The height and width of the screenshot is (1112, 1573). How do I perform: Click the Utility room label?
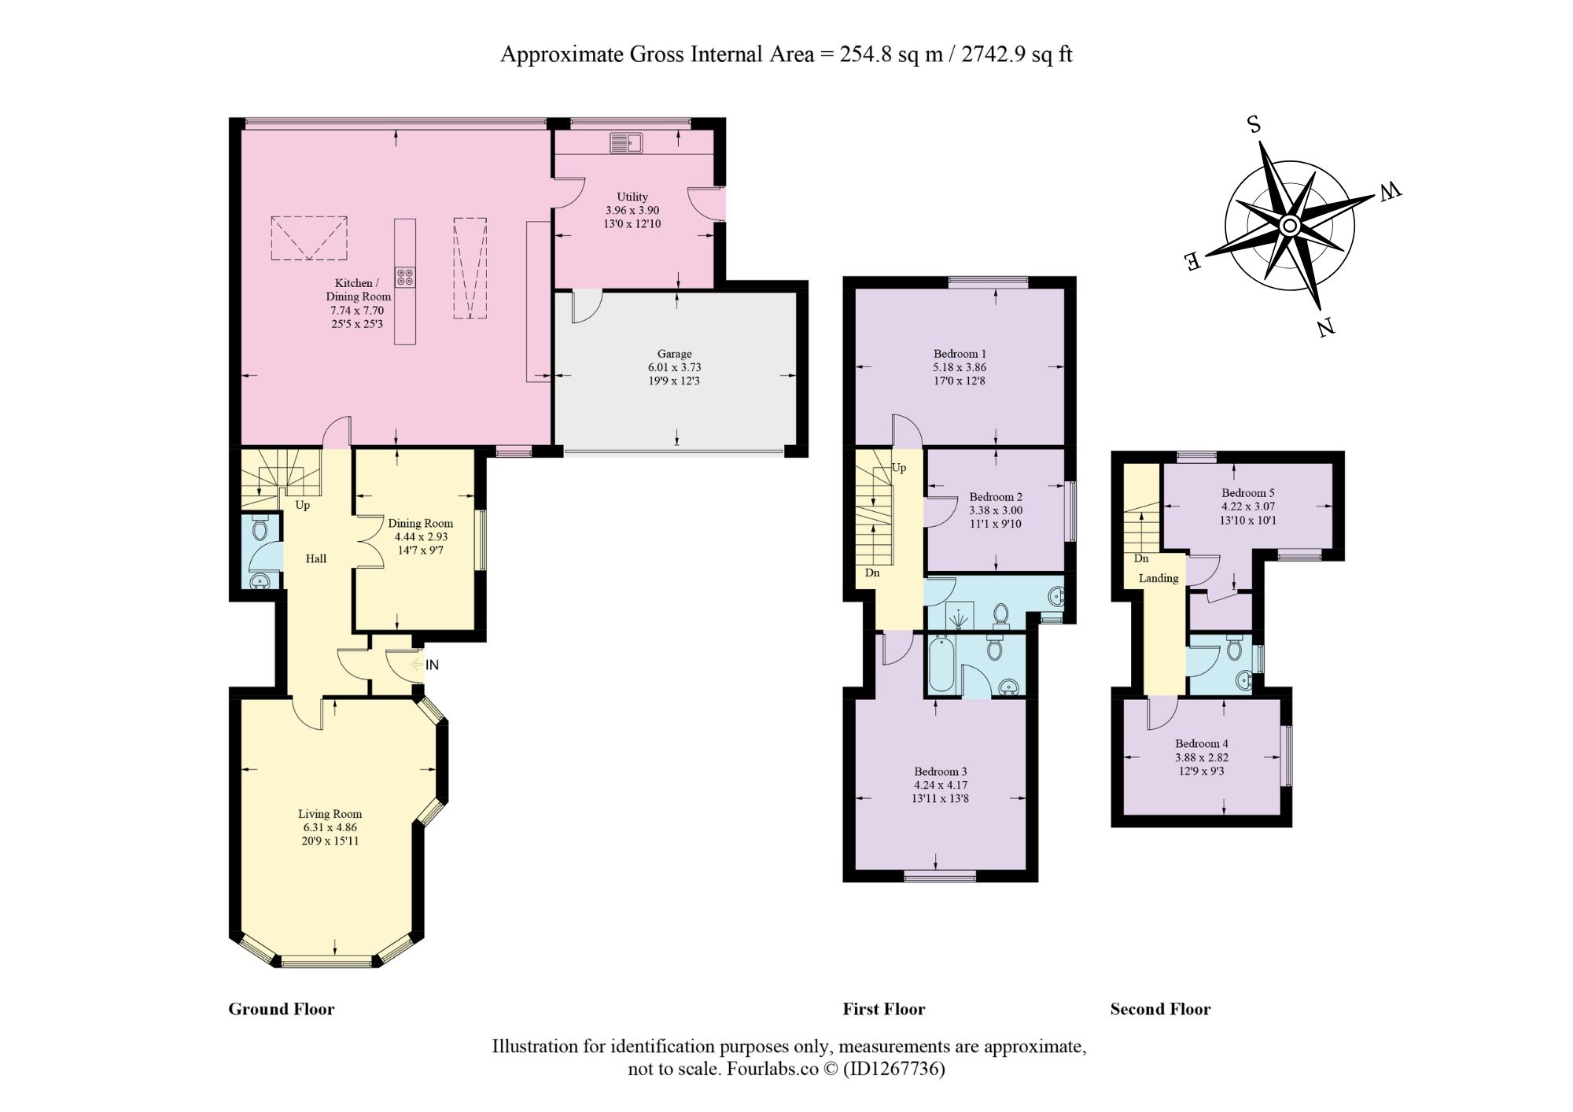coord(632,197)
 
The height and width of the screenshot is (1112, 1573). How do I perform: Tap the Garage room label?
coord(675,354)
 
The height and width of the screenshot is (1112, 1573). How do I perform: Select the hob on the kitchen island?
coord(405,277)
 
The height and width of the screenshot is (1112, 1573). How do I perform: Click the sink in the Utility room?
coord(626,143)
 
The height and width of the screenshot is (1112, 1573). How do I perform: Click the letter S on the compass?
coord(1254,124)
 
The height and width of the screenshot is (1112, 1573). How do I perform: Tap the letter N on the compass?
coord(1326,326)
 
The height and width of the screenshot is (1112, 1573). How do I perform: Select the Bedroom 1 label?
coord(960,354)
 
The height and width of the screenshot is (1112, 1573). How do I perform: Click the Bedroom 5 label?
coord(1248,493)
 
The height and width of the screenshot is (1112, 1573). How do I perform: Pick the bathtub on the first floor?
coord(941,665)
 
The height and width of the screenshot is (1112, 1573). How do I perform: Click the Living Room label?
coord(330,814)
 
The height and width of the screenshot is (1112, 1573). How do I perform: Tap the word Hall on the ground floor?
coord(316,558)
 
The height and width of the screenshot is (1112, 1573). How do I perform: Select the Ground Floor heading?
coord(282,1009)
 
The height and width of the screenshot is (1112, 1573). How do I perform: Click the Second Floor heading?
coord(1160,1009)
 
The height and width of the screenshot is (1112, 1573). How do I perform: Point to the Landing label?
coord(1159,578)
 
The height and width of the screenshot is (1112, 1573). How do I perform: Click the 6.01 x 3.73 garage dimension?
coord(675,367)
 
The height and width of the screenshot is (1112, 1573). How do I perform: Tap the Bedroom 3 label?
coord(941,771)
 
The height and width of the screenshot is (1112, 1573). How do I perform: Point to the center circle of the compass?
coord(1290,226)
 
